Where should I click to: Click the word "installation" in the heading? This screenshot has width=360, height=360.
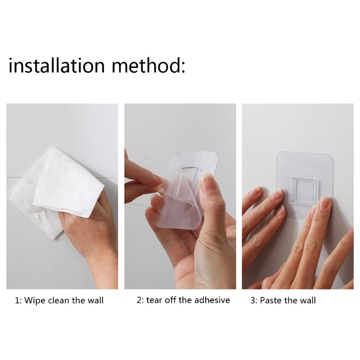57,65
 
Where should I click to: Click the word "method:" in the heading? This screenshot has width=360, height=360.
148,65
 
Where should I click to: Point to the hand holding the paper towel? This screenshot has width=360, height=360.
92,229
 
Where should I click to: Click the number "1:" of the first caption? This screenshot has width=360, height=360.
18,301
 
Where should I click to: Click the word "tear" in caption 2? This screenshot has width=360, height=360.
154,300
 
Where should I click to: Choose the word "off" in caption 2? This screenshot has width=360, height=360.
170,300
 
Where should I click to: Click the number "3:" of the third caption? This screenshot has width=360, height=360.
254,301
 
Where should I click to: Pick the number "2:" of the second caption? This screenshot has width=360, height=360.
140,301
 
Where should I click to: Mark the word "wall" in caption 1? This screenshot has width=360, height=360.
95,300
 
